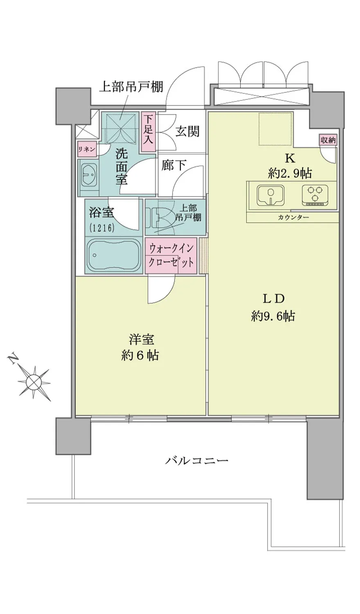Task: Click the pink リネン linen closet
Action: click(x=87, y=149)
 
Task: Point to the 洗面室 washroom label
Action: click(x=121, y=166)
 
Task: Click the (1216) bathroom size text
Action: click(x=101, y=228)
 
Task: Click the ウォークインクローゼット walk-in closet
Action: click(x=171, y=255)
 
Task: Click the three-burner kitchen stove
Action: click(x=315, y=195)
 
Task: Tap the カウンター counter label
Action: click(x=293, y=218)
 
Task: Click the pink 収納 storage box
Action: click(x=328, y=140)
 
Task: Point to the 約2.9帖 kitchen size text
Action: click(x=290, y=173)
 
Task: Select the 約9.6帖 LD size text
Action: click(x=273, y=316)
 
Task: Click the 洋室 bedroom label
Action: click(x=142, y=340)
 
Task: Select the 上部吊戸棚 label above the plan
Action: click(x=131, y=87)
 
